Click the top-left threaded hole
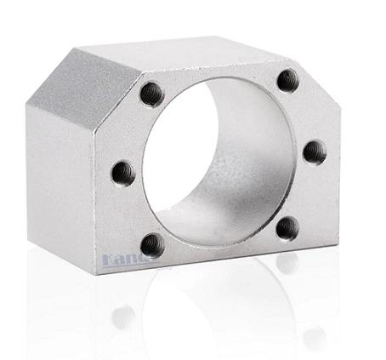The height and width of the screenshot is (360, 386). click(151, 94)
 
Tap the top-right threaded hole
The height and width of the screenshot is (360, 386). click(287, 80)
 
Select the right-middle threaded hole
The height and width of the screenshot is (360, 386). click(315, 152)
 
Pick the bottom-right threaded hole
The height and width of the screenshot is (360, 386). click(287, 228)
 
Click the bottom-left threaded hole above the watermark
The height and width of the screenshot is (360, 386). click(152, 245)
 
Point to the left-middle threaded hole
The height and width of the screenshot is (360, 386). click(123, 173)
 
